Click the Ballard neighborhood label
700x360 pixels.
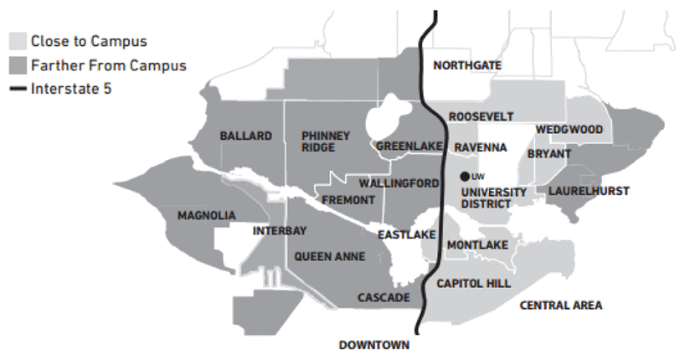pyautogui.click(x=246, y=136)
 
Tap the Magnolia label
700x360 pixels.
pyautogui.click(x=207, y=216)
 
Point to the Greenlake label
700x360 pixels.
pyautogui.click(x=409, y=147)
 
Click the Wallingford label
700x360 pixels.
pyautogui.click(x=399, y=183)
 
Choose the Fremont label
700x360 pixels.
pyautogui.click(x=347, y=200)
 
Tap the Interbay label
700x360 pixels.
pyautogui.click(x=280, y=230)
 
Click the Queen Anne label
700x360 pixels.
pyautogui.click(x=330, y=257)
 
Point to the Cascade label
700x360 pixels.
pyautogui.click(x=383, y=298)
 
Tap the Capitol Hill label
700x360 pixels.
pyautogui.click(x=474, y=284)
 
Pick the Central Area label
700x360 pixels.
pyautogui.click(x=561, y=306)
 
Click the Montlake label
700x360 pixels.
pyautogui.click(x=478, y=244)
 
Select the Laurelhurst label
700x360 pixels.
pyautogui.click(x=589, y=191)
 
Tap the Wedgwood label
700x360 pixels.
pyautogui.click(x=569, y=130)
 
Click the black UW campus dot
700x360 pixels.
pyautogui.click(x=465, y=177)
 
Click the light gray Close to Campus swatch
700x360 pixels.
pyautogui.click(x=17, y=40)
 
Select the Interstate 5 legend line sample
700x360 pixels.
pyautogui.click(x=17, y=89)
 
